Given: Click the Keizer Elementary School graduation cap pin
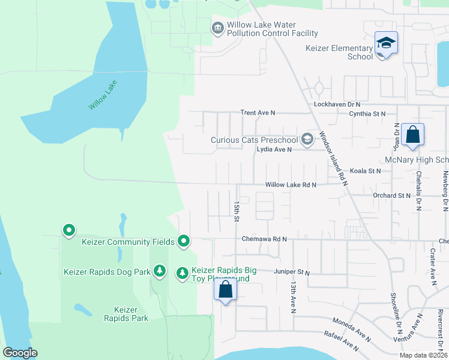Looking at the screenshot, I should (x=386, y=43).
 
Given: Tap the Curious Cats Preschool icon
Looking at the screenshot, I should (x=307, y=140).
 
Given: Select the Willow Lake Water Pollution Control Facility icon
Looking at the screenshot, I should (x=217, y=28).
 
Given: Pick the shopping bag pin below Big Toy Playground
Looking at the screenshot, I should (x=226, y=290).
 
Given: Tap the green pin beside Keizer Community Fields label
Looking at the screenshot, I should (x=184, y=242).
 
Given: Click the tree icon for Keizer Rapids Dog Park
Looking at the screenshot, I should (x=159, y=272).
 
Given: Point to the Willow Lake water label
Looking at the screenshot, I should (x=103, y=95).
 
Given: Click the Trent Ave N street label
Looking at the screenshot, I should (x=257, y=112).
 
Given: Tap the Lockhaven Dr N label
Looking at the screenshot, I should (x=336, y=104).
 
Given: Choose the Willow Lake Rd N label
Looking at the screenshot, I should (x=291, y=185).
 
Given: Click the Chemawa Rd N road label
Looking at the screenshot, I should (x=264, y=239).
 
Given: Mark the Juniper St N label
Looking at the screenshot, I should (x=291, y=272).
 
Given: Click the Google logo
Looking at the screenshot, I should (x=20, y=353).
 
